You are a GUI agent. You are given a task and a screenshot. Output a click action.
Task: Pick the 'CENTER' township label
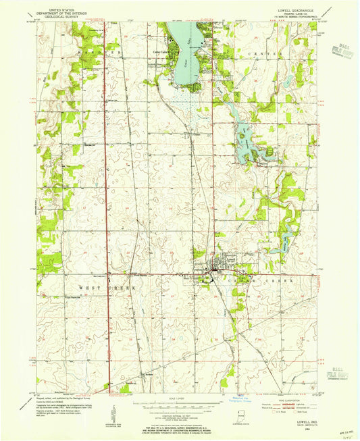pyautogui.click(x=263, y=52)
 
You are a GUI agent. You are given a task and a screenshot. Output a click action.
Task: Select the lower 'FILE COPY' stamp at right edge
pyautogui.click(x=336, y=371)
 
